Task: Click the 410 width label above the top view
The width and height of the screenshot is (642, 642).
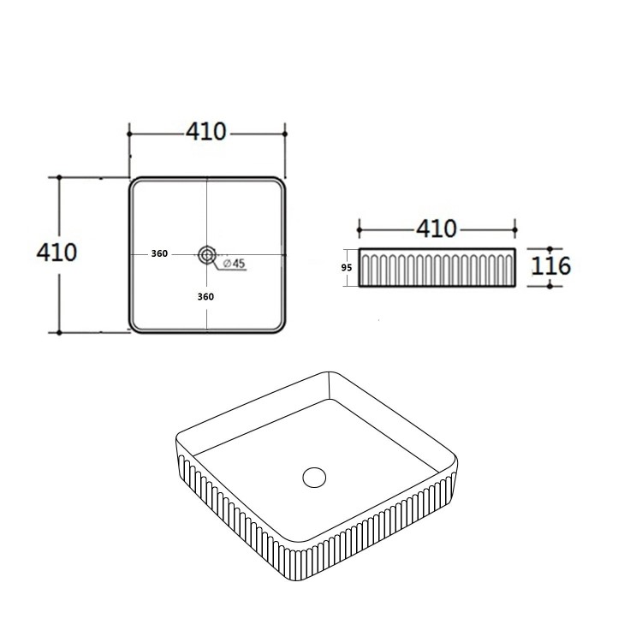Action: coord(206,133)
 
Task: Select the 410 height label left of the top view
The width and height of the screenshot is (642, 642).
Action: coord(57,253)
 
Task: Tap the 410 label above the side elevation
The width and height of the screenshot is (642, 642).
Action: coord(437,229)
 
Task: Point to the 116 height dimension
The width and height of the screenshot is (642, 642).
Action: coord(550,265)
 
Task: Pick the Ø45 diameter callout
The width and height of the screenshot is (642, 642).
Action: coord(233,265)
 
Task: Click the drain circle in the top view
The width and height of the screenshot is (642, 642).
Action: coord(206,254)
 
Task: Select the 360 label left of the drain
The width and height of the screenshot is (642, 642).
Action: coord(158,254)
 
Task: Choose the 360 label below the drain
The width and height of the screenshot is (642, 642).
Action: coord(205,296)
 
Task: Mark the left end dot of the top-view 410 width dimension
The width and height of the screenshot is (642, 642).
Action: coord(129,134)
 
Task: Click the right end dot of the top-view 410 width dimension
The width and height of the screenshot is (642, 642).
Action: coord(284,134)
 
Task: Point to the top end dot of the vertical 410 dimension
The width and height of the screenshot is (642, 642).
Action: coord(59,178)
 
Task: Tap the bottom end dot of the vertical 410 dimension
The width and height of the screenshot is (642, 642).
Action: coord(59,331)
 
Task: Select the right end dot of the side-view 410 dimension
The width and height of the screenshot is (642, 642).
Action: coord(516,229)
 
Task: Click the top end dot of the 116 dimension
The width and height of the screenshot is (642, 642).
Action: coord(550,247)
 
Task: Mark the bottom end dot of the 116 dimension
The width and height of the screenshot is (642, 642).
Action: coord(550,286)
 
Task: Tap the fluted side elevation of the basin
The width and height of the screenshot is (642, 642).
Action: coord(437,268)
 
